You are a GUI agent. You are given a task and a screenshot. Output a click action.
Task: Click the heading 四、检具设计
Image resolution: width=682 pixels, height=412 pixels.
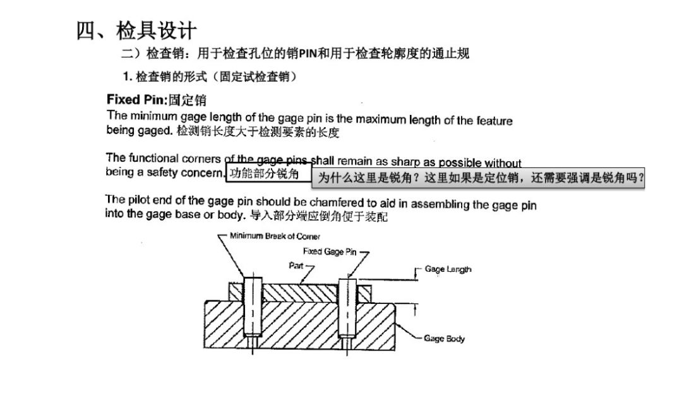click(x=136, y=30)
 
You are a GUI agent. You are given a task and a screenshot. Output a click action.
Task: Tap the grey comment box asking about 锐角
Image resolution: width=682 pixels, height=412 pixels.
click(x=478, y=178)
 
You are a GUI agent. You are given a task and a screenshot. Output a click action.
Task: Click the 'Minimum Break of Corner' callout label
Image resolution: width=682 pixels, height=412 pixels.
click(x=275, y=236)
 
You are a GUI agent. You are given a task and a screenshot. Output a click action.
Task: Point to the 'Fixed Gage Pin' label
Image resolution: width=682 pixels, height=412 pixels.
click(x=329, y=251)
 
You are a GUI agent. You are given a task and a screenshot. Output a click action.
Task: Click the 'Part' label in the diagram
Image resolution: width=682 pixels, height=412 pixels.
click(x=296, y=265)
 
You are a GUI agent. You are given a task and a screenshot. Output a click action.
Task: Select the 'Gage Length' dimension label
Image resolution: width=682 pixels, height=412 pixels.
click(x=448, y=269)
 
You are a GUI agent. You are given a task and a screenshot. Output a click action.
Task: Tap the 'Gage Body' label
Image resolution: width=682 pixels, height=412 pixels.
click(x=444, y=339)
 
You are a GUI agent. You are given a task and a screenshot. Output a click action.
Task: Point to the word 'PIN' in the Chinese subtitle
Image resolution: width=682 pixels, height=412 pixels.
click(x=308, y=54)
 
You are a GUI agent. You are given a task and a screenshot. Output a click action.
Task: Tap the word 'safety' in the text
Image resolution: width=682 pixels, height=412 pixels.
click(x=161, y=173)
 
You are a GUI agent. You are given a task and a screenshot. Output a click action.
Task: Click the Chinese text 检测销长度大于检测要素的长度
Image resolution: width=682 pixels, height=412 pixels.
click(x=258, y=132)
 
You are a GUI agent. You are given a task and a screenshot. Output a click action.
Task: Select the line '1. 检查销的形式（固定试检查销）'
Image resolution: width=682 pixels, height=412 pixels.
click(x=210, y=77)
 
